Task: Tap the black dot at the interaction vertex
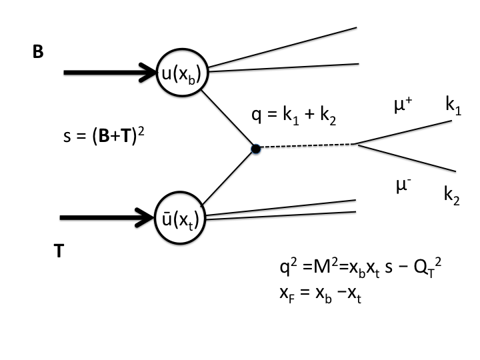pos(256,149)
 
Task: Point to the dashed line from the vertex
pos(307,145)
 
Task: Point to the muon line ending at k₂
pos(407,157)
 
